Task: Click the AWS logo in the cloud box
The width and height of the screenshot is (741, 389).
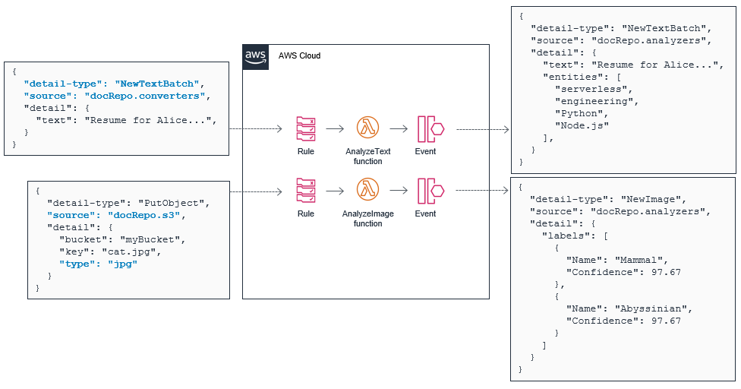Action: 254,56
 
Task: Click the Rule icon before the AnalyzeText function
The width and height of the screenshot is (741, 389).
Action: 306,129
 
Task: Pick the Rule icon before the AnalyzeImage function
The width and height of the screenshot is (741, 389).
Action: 306,191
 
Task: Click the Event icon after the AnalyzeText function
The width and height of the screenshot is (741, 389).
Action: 430,129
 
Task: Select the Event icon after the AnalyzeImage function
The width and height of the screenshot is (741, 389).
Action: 430,191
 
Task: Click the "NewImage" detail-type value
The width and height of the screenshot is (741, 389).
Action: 664,198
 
